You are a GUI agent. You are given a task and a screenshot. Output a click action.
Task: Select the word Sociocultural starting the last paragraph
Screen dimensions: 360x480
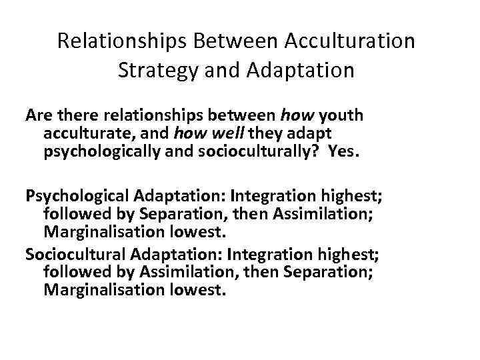pyautogui.click(x=75, y=255)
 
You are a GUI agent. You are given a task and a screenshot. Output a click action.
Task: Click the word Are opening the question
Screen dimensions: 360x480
pyautogui.click(x=38, y=116)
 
